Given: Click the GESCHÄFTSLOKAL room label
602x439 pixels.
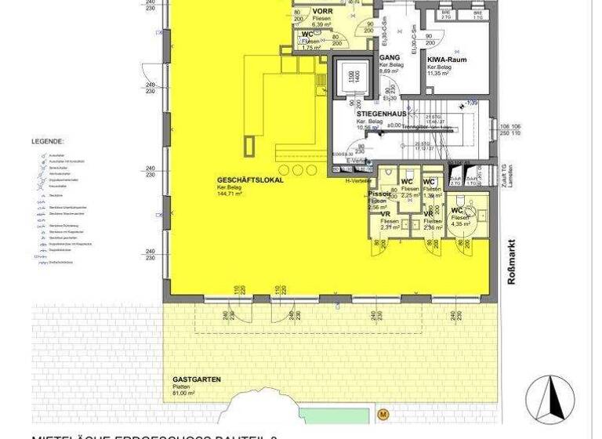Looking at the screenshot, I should coord(250,180).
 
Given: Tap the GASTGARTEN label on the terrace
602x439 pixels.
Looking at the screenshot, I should coord(197,379).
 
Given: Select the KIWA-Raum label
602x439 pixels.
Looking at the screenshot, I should coord(448,59).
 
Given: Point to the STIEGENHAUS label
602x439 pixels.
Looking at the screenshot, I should coord(382,114).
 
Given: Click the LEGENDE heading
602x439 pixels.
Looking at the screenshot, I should coord(48,142).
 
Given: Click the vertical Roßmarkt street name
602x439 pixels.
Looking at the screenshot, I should coord(511,261).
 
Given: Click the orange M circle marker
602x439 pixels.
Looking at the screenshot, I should coord(383,414).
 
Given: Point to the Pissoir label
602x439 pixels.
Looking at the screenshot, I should coord(379,194).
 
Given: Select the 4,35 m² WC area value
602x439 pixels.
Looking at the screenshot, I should coord(461,223).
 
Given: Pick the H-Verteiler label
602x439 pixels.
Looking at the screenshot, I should coord(357,180).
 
